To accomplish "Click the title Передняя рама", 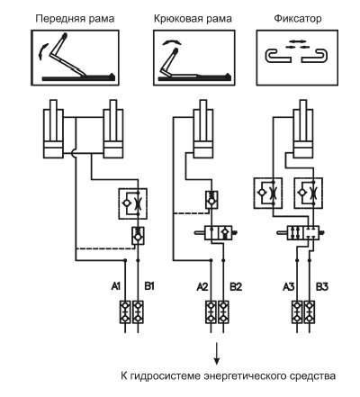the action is [75, 19].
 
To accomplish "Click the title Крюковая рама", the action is [193, 19].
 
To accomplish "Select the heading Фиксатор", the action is [298, 19].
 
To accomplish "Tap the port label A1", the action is [116, 286].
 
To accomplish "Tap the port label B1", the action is [149, 286].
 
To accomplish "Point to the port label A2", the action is [202, 287].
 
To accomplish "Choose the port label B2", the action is [236, 287].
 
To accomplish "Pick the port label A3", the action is [289, 287].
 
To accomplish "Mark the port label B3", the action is [322, 287].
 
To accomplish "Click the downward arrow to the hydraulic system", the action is [217, 354].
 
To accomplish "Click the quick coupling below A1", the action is [125, 312].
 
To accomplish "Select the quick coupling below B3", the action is [310, 312].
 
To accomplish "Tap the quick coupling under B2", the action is [223, 312].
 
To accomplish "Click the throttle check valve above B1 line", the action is [133, 203].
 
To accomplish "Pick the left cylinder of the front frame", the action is [53, 129].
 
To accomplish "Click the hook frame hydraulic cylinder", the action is [203, 129].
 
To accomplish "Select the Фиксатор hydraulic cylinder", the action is [303, 129].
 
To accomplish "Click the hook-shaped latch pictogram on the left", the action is [278, 56].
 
